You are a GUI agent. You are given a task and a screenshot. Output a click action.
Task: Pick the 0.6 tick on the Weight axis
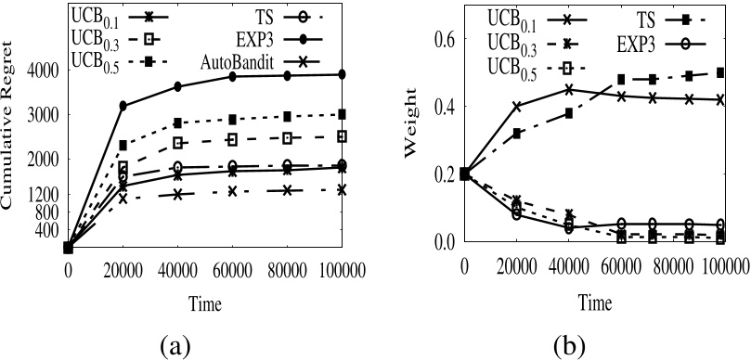pos(447,39)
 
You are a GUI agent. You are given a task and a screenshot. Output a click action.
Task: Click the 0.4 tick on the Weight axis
pos(447,107)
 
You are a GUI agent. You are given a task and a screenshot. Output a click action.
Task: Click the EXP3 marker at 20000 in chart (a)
pos(123,106)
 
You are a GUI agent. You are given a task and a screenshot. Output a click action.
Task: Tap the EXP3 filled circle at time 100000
pos(343,74)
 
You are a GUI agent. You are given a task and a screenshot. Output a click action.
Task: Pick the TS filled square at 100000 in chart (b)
pos(720,72)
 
